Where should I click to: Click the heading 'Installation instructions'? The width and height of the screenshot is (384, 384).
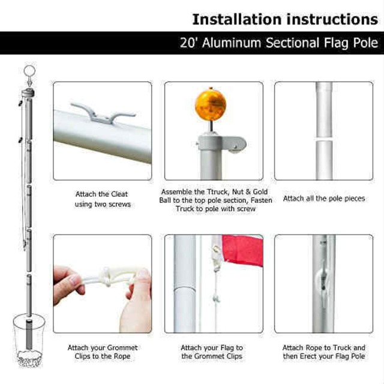click(284, 19)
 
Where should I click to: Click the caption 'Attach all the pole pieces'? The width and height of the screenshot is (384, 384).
click(324, 198)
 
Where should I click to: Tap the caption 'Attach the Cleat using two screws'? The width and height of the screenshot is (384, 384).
click(102, 199)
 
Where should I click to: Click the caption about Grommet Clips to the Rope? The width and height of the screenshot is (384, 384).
click(102, 352)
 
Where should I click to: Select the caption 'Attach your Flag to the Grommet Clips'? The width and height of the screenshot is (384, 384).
click(212, 352)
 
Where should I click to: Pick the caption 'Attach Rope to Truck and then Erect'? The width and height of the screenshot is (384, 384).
click(324, 352)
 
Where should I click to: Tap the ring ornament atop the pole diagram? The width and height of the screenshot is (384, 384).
click(28, 73)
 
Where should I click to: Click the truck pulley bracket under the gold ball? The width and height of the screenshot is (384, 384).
click(222, 143)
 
